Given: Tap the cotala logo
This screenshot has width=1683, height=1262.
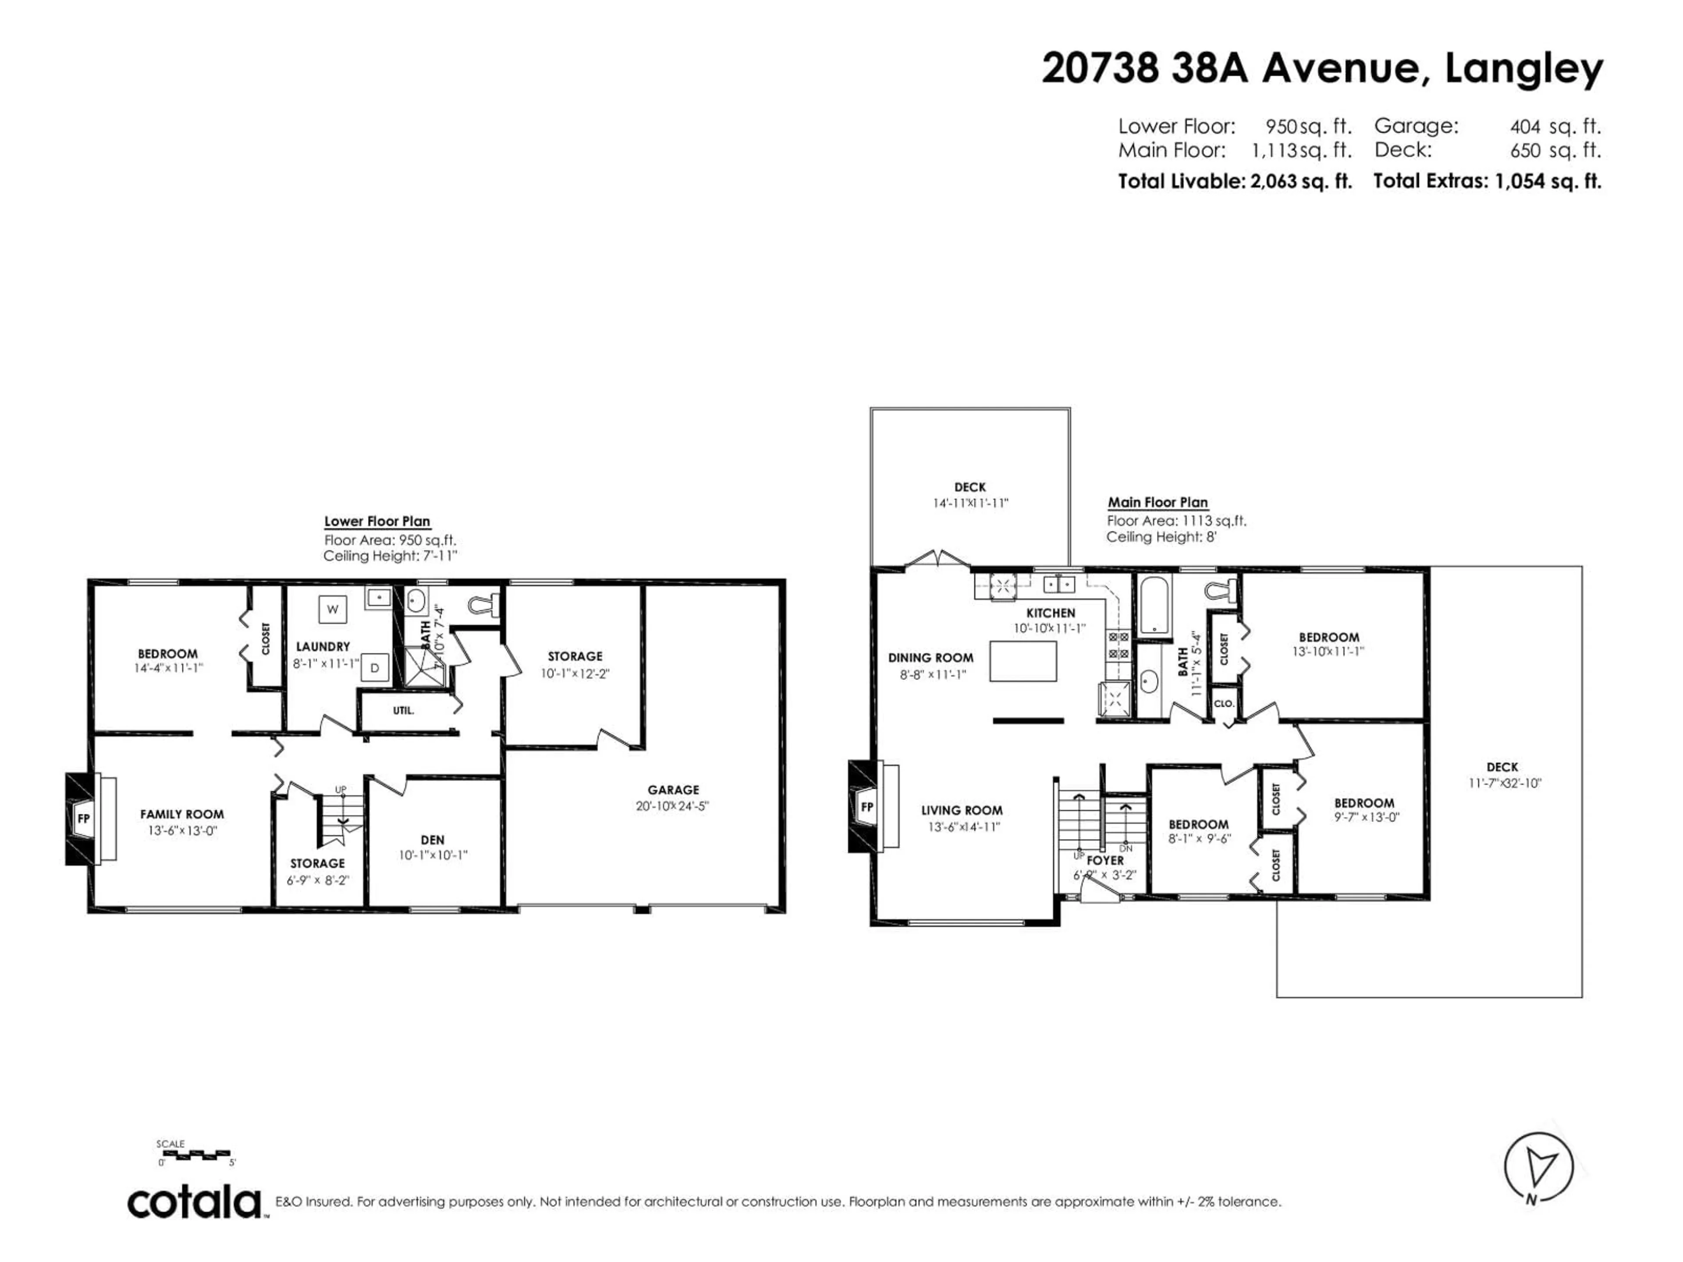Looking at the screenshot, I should click(194, 1203).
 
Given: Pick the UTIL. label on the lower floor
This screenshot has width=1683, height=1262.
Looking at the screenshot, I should click(403, 710).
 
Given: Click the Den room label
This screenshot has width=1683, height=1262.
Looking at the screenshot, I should click(432, 840).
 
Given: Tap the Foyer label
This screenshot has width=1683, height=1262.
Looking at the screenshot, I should click(1105, 860).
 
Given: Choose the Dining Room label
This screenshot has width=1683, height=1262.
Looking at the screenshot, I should click(930, 657).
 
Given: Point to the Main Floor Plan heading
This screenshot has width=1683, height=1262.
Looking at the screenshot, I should click(1157, 502).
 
